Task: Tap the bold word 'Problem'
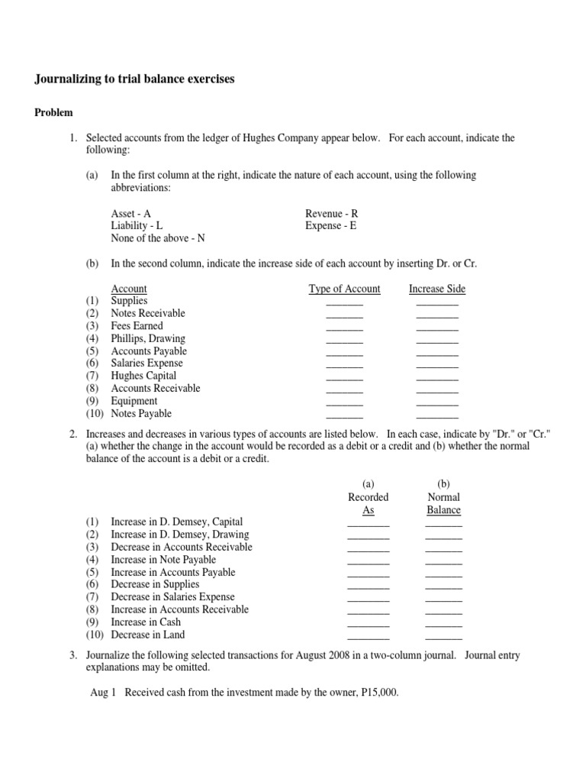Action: (53, 113)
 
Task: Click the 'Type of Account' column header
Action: (344, 289)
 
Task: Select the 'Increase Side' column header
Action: (436, 289)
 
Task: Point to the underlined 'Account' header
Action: (129, 289)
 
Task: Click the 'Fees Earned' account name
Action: (137, 326)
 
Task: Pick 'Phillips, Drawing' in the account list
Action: (148, 338)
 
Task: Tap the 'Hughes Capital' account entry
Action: (143, 376)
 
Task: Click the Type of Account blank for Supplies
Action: (344, 303)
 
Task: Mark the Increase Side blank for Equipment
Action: (437, 403)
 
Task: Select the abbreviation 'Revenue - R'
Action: (330, 215)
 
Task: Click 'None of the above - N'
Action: (158, 239)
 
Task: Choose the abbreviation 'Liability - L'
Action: (137, 227)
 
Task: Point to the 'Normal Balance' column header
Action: (443, 503)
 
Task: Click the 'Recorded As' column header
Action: (368, 503)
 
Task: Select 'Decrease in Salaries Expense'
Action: (172, 597)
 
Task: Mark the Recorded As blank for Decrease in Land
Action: (368, 637)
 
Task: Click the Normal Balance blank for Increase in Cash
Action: (443, 625)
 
